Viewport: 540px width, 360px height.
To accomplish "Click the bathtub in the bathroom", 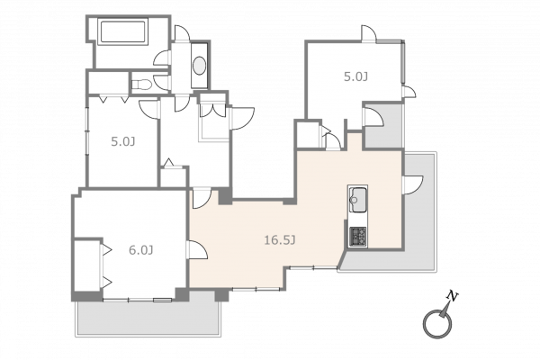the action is pos(123,31).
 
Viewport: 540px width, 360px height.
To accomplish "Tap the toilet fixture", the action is pos(141,85).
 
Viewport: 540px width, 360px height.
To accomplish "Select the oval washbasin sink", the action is pos(200,66).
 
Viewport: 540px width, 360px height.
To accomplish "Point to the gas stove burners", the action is pos(358,237).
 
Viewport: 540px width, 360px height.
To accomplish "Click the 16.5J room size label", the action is pos(280,239).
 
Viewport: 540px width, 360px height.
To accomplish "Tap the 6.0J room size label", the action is pos(141,250).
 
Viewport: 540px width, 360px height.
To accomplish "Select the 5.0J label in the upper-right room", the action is pos(355,76).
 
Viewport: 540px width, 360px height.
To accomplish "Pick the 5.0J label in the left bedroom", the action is pos(123,141).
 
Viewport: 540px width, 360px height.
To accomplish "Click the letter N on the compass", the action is pos(452,296).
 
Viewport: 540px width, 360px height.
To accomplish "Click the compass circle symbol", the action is pos(437,323).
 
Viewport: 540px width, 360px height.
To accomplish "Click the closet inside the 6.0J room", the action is pos(88,265).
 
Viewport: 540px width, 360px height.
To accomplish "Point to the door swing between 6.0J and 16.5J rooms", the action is pos(198,250).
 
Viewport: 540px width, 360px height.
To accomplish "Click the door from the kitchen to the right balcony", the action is pos(412,185).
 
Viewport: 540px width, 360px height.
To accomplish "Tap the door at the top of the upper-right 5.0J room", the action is pos(369,34).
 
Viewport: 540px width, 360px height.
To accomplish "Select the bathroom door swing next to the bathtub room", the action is pos(162,58).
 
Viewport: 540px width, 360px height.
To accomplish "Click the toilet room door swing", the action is pos(162,82).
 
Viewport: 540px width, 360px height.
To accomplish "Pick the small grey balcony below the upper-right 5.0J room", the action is pos(383,126).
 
